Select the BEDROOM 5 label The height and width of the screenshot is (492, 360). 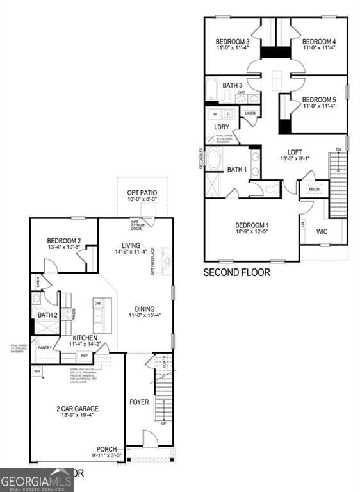[319, 99]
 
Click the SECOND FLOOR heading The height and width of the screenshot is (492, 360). [236, 272]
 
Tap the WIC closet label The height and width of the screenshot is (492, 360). [322, 231]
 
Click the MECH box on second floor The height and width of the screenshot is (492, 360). [314, 190]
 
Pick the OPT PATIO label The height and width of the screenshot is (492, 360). [142, 193]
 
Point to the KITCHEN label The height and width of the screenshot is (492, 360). [85, 337]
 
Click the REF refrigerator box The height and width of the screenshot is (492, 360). [84, 356]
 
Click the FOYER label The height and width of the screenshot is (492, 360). [139, 402]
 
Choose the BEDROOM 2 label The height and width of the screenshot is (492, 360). [63, 241]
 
